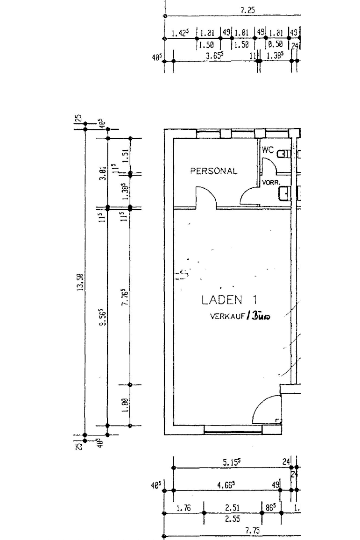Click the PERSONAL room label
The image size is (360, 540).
tap(213, 171)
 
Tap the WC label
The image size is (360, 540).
tap(267, 150)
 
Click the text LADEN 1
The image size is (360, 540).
tap(229, 300)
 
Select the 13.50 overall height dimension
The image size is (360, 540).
tap(80, 282)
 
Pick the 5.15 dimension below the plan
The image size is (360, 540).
tap(232, 462)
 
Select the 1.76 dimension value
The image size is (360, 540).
tap(183, 508)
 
